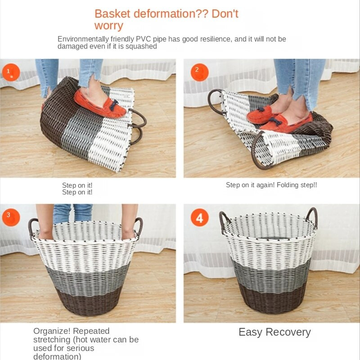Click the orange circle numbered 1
click(x=11, y=72)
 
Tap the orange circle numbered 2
click(x=199, y=72)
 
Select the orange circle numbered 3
click(x=11, y=217)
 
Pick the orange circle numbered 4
click(x=199, y=217)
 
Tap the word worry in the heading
click(x=108, y=26)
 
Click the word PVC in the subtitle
click(x=143, y=39)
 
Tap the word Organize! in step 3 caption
click(x=52, y=331)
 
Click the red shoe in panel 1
click(x=99, y=103)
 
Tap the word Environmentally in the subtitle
click(x=83, y=39)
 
